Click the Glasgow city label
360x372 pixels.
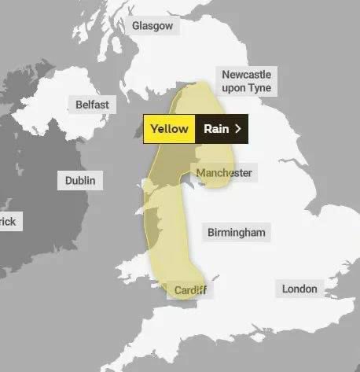(152, 26)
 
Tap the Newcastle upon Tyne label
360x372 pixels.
(246, 81)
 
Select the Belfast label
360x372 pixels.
(92, 105)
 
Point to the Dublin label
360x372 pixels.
(79, 181)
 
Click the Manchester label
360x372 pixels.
(224, 172)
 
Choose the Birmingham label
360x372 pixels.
(236, 232)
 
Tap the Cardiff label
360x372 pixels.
(190, 291)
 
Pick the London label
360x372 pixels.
(299, 289)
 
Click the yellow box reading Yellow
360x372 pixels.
(169, 129)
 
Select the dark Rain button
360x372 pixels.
(222, 129)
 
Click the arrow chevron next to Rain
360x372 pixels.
(238, 129)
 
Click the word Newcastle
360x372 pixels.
(246, 75)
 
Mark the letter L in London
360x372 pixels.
(285, 289)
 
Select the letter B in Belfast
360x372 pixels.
(79, 105)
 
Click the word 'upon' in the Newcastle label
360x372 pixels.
(233, 88)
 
